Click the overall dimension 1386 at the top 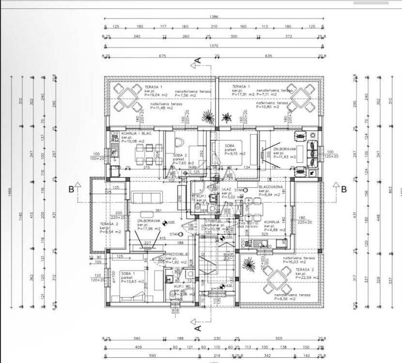pos(214,16)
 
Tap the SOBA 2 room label pos(180,155)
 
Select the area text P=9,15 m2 pos(234,153)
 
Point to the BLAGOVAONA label pos(271,186)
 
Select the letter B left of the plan pos(71,189)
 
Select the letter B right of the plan pos(343,189)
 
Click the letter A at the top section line pos(198,61)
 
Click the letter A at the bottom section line pos(198,328)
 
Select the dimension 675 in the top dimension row pos(163,56)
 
